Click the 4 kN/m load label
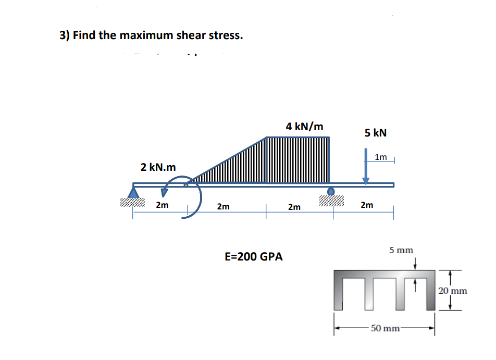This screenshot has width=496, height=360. [x=305, y=126]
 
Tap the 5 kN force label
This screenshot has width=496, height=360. [x=375, y=133]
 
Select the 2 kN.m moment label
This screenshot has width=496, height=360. [x=158, y=167]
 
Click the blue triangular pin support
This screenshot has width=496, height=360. [x=134, y=193]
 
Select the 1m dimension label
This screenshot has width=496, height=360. [x=381, y=157]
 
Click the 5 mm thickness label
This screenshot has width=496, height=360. [x=401, y=251]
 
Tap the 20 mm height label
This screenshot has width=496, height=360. [x=452, y=291]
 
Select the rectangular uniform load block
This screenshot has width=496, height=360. [x=297, y=159]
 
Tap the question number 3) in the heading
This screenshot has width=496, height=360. [x=64, y=35]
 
